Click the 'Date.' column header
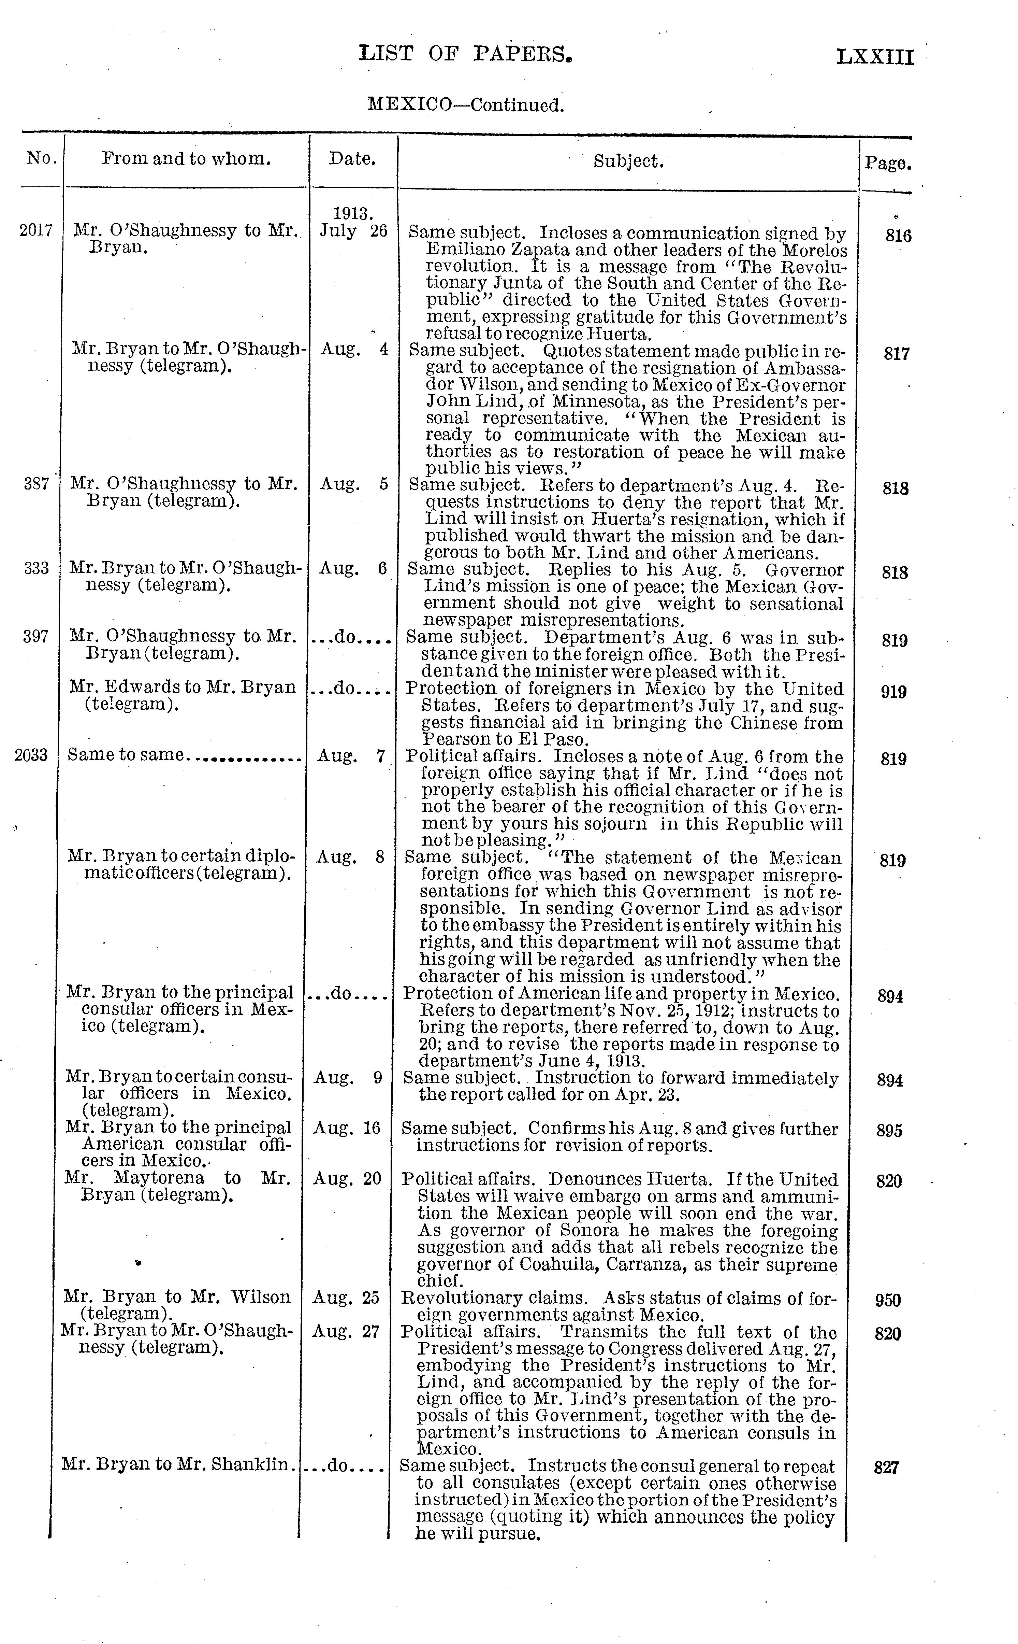(352, 159)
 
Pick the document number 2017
(36, 230)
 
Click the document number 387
(37, 484)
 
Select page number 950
(888, 1301)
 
